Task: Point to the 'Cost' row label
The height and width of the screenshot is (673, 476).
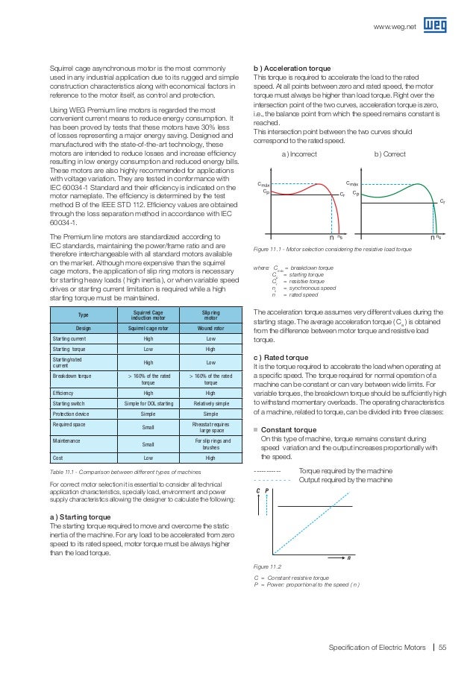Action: [x=57, y=460]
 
